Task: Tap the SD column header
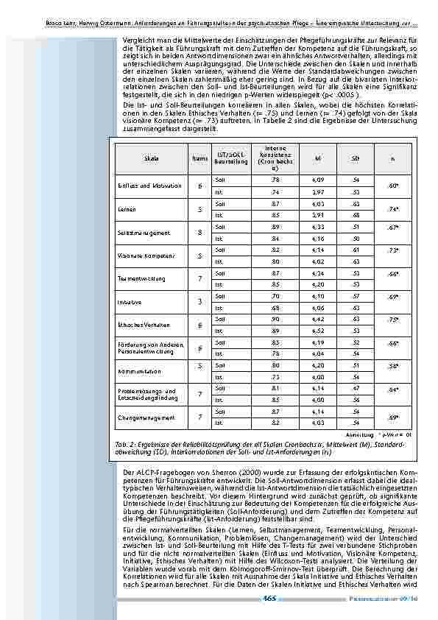(356, 158)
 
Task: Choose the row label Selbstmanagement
(139, 233)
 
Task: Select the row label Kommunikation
(138, 372)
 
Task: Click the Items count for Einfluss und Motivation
(199, 186)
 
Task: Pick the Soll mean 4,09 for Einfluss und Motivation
(317, 179)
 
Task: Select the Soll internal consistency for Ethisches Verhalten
(275, 319)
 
